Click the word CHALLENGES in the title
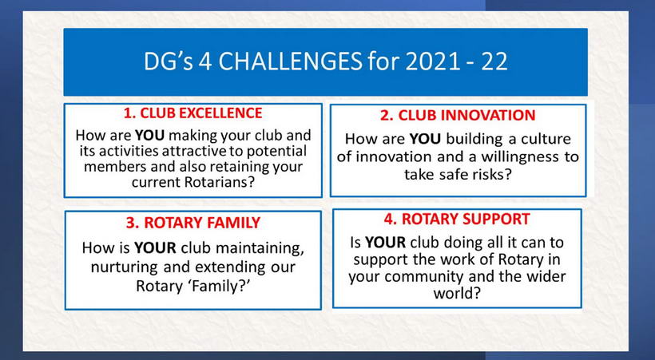(x=290, y=61)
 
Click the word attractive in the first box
(x=200, y=151)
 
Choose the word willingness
(x=518, y=156)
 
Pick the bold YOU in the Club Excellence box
(x=149, y=136)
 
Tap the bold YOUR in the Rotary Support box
(x=385, y=242)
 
